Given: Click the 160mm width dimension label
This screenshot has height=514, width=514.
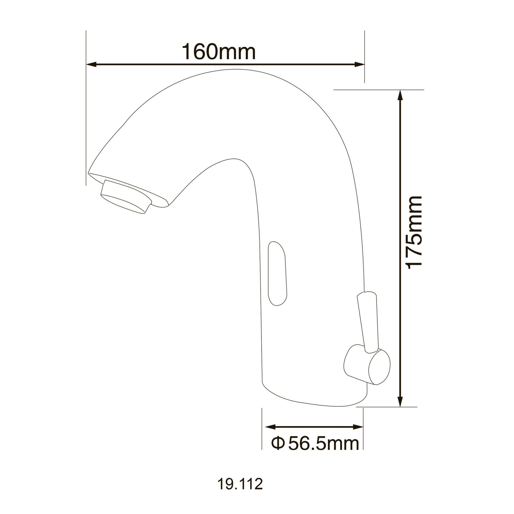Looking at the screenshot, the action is click(219, 52).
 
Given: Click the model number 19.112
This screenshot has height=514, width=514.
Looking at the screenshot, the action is click(240, 484).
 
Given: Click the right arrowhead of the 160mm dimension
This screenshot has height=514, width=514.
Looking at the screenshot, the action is click(359, 65).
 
